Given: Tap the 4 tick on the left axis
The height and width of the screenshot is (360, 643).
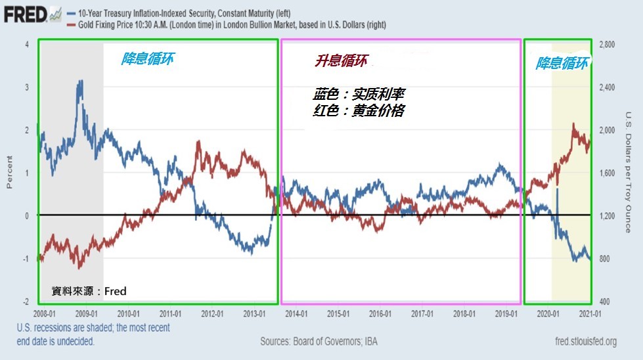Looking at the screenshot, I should (26, 45).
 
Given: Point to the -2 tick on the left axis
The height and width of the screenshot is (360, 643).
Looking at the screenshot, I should (25, 302).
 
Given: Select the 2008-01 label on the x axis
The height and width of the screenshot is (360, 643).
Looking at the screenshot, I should (45, 314).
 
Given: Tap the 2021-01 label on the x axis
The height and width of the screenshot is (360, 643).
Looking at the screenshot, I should (590, 314).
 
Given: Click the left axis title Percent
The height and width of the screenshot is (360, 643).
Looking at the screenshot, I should (10, 172).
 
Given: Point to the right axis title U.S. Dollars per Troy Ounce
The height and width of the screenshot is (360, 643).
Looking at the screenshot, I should (628, 172).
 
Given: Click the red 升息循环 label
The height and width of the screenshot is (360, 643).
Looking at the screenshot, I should (341, 62).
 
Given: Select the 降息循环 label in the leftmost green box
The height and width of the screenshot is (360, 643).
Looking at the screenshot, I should (147, 59).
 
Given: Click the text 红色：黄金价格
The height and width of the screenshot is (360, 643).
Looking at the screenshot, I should (358, 111).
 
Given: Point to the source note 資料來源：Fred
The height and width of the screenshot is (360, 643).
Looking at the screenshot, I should (89, 291).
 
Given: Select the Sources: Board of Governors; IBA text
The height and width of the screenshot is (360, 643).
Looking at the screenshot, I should (320, 342).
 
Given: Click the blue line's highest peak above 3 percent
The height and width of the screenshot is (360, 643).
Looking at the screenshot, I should (80, 81).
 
